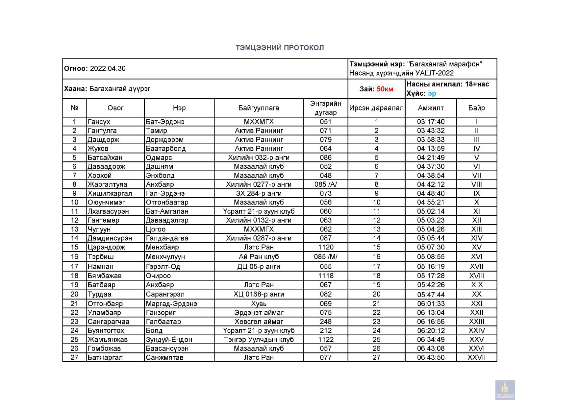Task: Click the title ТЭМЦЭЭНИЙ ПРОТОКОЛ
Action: pos(280,48)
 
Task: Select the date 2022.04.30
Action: pos(108,68)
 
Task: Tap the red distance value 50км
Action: pos(385,89)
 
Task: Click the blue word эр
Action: pos(432,93)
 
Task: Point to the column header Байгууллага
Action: pos(259,108)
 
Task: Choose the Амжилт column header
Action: pos(431,108)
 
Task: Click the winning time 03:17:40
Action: pos(431,122)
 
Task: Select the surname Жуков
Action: pos(98,149)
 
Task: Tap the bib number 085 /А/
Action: pos(325,184)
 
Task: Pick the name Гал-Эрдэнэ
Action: pos(165,193)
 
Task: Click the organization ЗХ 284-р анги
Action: pos(259,193)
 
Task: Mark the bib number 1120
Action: pos(325,247)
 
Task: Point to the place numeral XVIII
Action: pos(476,276)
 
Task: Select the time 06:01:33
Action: pos(431,304)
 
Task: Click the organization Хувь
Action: pos(259,304)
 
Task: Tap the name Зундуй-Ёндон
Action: pos(169,340)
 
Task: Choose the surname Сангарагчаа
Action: pos(108,322)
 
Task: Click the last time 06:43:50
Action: pos(431,357)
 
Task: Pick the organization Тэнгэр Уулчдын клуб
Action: pos(259,340)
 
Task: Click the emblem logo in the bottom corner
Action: pos(505,390)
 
